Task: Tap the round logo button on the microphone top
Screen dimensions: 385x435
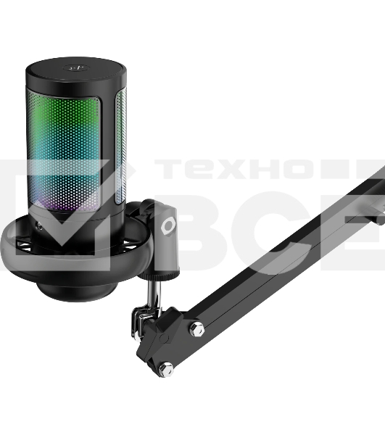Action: coord(75,67)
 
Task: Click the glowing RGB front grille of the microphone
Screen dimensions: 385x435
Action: coord(64,153)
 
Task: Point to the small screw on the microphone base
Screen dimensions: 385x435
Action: coord(40,227)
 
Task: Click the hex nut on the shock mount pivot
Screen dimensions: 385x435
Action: coord(167,225)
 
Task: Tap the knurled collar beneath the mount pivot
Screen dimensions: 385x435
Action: coord(159,275)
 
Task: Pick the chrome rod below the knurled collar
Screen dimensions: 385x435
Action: coord(154,294)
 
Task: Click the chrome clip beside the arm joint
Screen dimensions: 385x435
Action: coord(139,322)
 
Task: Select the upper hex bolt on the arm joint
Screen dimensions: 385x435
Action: coord(196,329)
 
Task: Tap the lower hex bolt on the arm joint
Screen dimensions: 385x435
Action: coord(166,369)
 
